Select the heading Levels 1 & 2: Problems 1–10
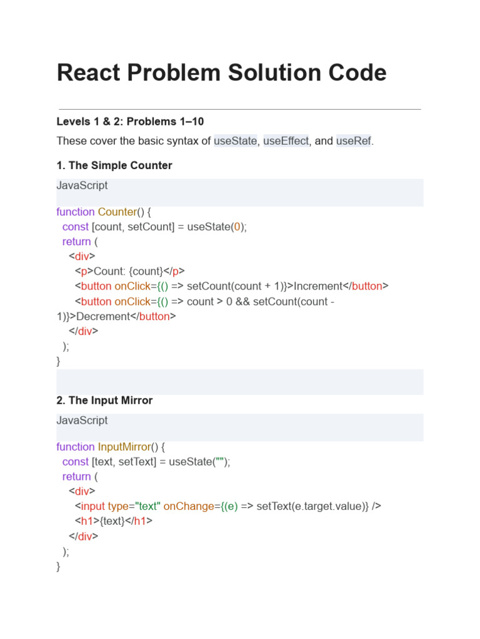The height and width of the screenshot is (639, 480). coord(130,121)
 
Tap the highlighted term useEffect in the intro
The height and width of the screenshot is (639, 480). coord(286,141)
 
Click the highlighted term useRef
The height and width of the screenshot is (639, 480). coord(354,141)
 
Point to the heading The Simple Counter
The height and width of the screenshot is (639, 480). coord(114,165)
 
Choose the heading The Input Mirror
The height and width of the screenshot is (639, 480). coord(104,400)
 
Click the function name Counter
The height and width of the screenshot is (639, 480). coord(117,212)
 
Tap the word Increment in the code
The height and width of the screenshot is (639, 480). coord(318,286)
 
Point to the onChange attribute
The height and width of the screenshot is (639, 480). coord(187,506)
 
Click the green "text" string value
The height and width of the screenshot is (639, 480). coord(144,506)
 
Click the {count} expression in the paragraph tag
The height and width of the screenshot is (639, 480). coord(145,271)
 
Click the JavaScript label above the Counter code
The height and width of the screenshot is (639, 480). coord(82,185)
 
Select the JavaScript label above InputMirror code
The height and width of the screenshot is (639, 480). coord(82,420)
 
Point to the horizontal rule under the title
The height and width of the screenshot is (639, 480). coord(239,109)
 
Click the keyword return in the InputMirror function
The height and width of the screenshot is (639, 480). coord(77,477)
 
